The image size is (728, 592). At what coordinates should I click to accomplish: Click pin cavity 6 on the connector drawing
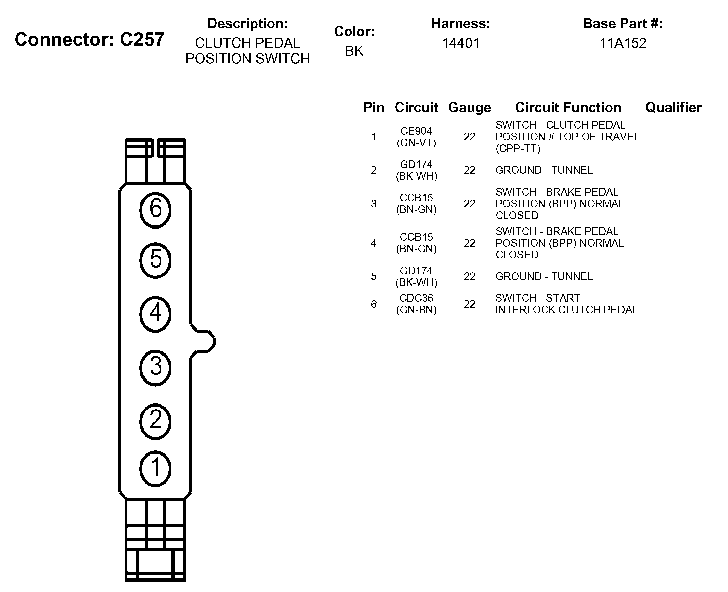pos(155,209)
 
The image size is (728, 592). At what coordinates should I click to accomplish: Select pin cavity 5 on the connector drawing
pos(155,260)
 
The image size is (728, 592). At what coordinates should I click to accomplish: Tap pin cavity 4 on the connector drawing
pos(155,314)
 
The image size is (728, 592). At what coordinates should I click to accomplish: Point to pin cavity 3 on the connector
pos(155,367)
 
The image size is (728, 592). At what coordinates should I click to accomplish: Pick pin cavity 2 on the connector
pos(155,420)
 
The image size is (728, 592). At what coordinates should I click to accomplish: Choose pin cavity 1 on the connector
pos(155,468)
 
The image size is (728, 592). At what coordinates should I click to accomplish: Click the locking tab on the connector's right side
pos(204,341)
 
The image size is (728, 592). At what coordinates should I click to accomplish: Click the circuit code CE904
pos(416,131)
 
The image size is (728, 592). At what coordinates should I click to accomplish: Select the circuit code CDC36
pos(416,298)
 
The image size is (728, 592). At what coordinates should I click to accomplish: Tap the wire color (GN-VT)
pos(416,143)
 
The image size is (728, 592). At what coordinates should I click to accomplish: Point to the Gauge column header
pos(469,108)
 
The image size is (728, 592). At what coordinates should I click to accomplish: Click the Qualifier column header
pos(673,107)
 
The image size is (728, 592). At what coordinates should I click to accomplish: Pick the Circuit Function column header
pos(568,107)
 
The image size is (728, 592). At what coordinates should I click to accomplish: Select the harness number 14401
pos(461,43)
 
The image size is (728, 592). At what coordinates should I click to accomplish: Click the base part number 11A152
pos(623,43)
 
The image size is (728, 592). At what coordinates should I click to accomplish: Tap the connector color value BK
pos(354,51)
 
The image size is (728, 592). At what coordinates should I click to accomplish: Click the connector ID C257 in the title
pos(142,40)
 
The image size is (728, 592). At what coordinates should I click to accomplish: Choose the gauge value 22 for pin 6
pos(469,304)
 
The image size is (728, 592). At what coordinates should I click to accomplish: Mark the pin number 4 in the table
pos(374,243)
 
